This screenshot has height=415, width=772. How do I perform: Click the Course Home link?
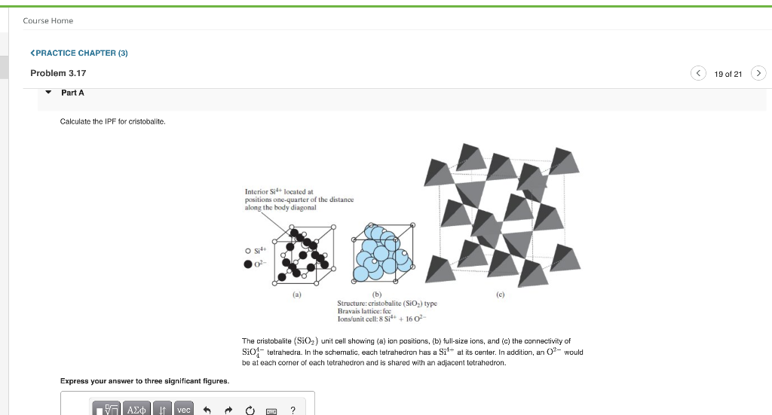point(47,20)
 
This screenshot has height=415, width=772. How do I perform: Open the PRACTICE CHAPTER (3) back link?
point(78,53)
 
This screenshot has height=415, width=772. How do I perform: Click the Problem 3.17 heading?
point(58,73)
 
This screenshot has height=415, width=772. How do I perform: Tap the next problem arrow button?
point(759,73)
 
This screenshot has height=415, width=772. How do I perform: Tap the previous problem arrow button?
point(698,73)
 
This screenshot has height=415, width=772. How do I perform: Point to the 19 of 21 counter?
point(728,74)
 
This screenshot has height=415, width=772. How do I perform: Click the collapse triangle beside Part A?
point(48,93)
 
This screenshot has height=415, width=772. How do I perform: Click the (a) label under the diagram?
point(297,295)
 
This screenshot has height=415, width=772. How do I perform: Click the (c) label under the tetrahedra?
point(499,295)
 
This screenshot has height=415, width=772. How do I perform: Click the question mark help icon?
point(293,409)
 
